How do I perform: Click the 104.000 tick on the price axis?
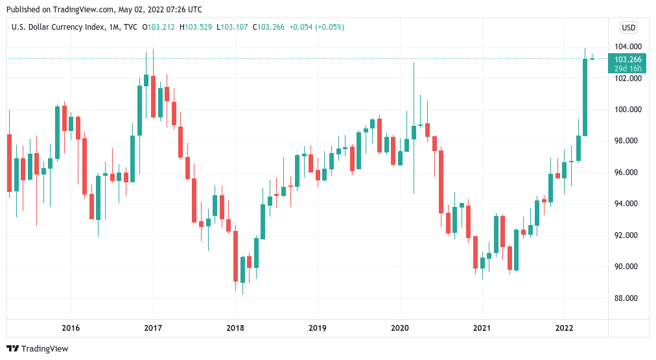(629, 47)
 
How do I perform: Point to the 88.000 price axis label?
(629, 298)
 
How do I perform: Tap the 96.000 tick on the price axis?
(629, 173)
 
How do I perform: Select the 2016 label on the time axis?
(71, 328)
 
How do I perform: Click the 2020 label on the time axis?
(399, 328)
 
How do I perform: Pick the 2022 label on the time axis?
(564, 328)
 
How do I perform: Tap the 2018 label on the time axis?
(235, 328)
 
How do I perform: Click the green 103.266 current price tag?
(628, 59)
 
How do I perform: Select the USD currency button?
(629, 27)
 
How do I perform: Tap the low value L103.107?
(234, 27)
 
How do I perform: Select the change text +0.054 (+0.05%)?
(316, 27)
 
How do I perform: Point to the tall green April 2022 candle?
(585, 97)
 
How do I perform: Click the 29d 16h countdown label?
(628, 68)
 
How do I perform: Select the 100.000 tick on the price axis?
(629, 110)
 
